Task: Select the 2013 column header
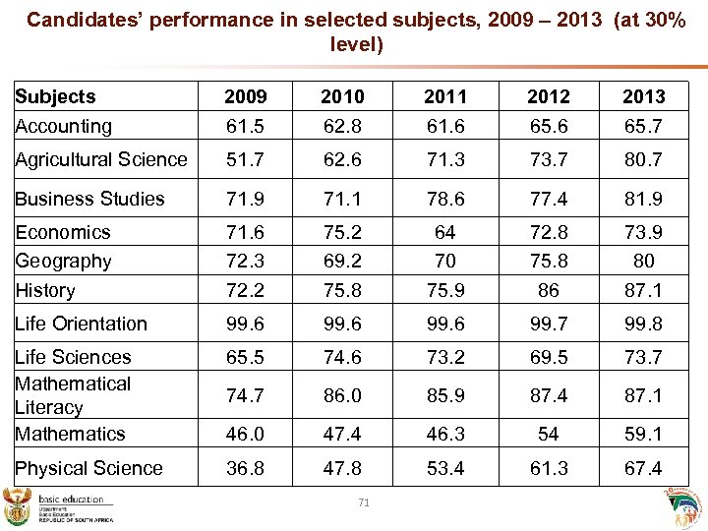point(644,96)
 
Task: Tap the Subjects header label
point(55,96)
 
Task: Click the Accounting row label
point(63,126)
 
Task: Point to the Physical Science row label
point(88,468)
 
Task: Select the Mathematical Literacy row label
point(72,395)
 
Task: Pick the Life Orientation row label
point(81,324)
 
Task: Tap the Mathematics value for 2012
point(549,434)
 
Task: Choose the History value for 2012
point(549,290)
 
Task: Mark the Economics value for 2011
point(445,232)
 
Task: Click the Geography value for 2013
point(644,262)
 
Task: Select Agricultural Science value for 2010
point(342,159)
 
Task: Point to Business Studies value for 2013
point(644,199)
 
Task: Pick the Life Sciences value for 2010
point(342,357)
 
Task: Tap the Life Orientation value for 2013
point(644,324)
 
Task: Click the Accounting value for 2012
point(549,126)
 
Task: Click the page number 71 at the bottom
point(364,502)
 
